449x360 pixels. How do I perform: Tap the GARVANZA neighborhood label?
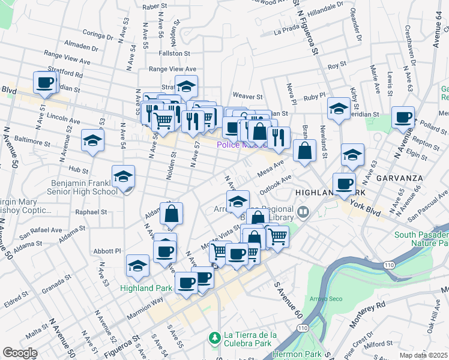point(400,178)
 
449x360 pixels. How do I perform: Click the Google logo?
point(20,353)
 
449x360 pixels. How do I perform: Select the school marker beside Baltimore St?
point(92,140)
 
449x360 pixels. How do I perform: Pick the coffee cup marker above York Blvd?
point(344,184)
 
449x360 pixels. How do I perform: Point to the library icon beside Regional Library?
point(303,211)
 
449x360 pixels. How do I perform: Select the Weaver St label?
point(248,96)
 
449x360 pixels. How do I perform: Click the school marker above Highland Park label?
point(138,265)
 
